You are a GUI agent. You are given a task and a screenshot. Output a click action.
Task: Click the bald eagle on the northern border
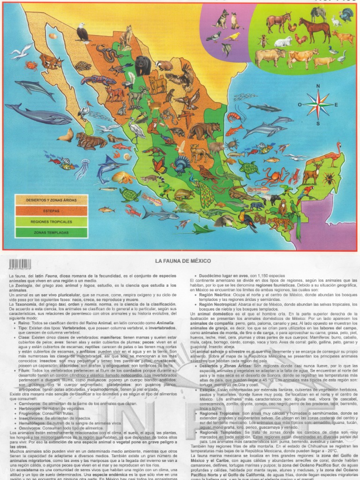83,32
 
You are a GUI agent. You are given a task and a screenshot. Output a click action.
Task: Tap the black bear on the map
143,65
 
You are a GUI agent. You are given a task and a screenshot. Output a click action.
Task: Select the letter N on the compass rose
318,86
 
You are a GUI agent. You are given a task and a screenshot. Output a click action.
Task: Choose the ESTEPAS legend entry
51,211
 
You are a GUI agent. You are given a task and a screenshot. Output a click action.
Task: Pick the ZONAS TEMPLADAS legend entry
51,232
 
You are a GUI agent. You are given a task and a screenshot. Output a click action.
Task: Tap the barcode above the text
20,264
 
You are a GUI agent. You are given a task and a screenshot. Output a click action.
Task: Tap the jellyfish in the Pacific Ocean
82,168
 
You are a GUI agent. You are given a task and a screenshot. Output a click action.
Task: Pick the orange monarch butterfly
159,165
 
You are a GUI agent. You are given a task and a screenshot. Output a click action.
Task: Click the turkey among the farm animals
346,15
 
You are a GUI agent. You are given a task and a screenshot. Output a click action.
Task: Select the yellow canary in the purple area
232,36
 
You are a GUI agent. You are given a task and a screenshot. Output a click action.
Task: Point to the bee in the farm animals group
263,41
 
